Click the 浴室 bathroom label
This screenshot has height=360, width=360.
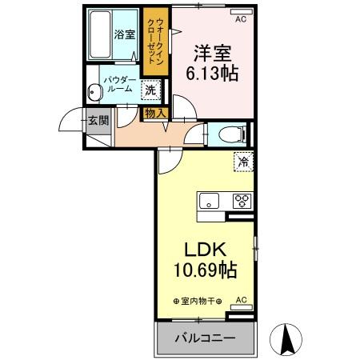[x=123, y=35]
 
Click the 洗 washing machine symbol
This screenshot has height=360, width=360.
[x=150, y=90]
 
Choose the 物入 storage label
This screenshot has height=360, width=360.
[x=155, y=114]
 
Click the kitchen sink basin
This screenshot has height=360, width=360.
[x=209, y=201]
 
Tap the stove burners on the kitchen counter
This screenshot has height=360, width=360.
[x=242, y=201]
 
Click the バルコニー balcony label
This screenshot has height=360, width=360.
[x=206, y=339]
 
